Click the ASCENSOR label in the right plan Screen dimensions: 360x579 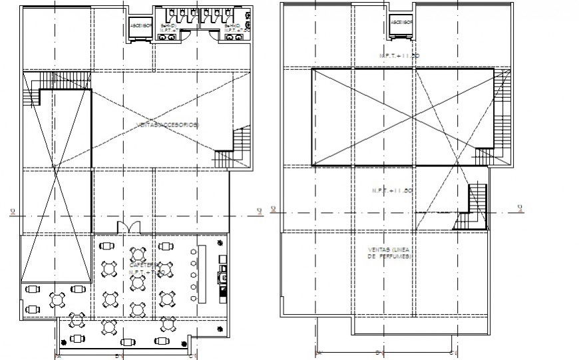point(401,22)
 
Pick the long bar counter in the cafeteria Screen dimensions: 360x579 point(204,273)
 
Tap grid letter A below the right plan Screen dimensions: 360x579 point(319,353)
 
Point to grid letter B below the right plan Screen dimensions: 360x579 point(377,353)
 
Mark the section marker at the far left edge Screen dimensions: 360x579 point(13,212)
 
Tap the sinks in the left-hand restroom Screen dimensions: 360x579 point(166,38)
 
